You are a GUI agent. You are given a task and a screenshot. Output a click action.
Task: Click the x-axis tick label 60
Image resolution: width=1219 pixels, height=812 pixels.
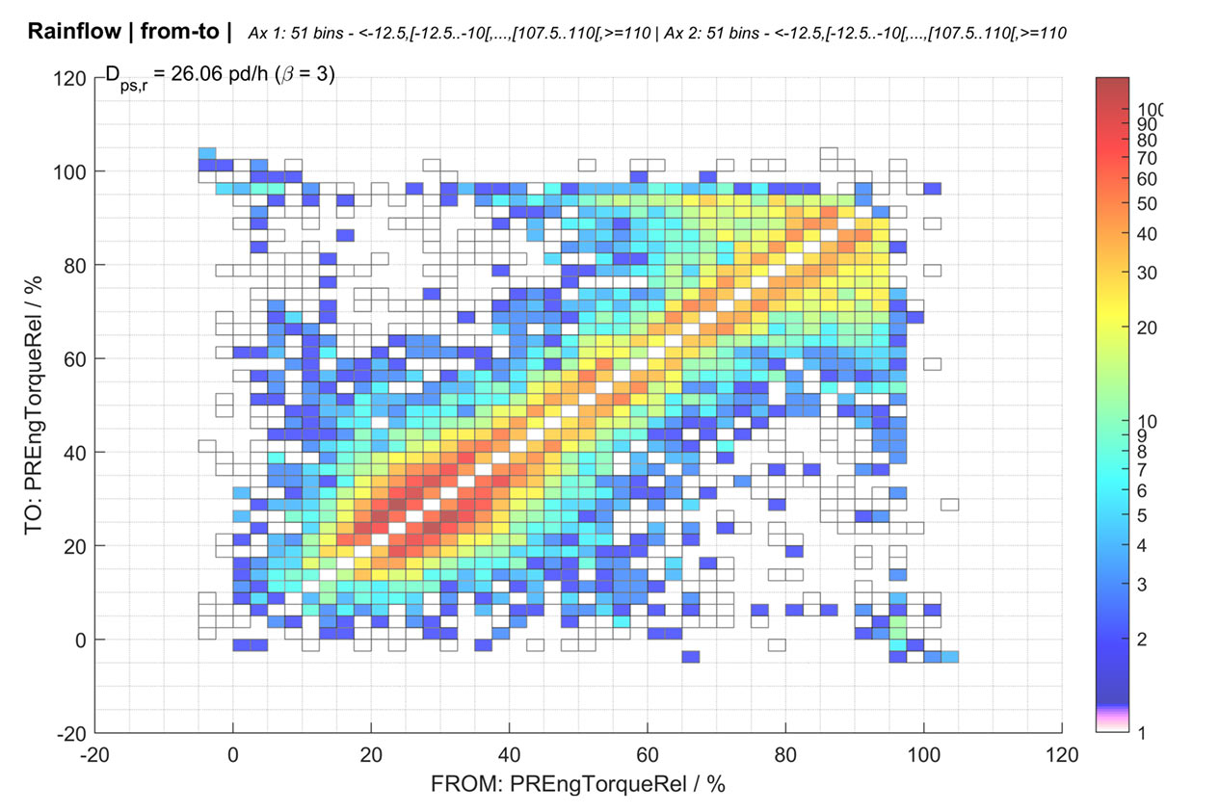[x=648, y=755]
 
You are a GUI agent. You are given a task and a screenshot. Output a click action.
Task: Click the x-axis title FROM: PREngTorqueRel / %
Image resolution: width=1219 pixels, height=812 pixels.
[x=577, y=785]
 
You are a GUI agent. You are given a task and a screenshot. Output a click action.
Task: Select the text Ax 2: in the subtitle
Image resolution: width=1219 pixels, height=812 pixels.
[x=676, y=33]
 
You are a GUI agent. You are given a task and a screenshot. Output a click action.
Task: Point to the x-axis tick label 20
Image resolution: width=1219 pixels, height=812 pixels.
[x=371, y=755]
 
